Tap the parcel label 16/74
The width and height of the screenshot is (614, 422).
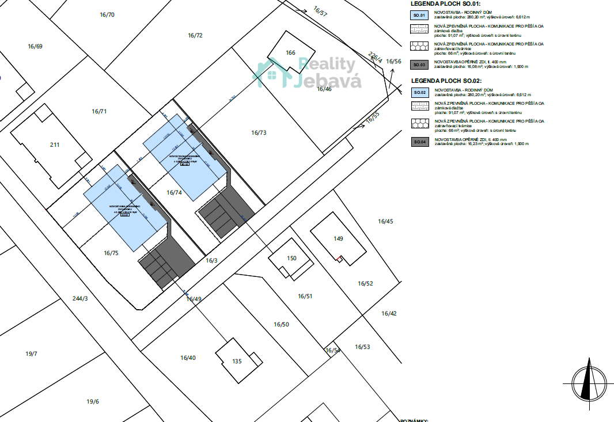tap(174, 193)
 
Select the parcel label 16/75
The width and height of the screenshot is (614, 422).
tap(111, 253)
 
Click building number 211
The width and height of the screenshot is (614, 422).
tap(54, 145)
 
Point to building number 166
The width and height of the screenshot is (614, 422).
tap(290, 53)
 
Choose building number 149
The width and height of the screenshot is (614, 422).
tap(338, 238)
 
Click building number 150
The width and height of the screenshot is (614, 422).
tap(291, 258)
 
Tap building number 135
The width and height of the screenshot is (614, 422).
tap(236, 362)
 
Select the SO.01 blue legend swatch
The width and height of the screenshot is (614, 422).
tap(420, 15)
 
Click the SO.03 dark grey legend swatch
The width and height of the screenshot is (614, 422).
tap(420, 65)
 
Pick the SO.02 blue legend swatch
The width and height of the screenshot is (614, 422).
tap(420, 93)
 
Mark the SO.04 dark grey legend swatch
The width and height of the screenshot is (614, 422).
tap(420, 142)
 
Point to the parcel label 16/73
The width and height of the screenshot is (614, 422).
tap(259, 132)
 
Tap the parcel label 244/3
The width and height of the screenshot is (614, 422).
tap(80, 298)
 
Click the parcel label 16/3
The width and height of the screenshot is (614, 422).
tap(211, 260)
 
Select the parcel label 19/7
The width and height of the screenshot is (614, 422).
tap(31, 353)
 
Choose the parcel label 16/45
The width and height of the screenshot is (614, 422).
tap(385, 221)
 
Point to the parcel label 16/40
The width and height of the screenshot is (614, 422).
tap(188, 358)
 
